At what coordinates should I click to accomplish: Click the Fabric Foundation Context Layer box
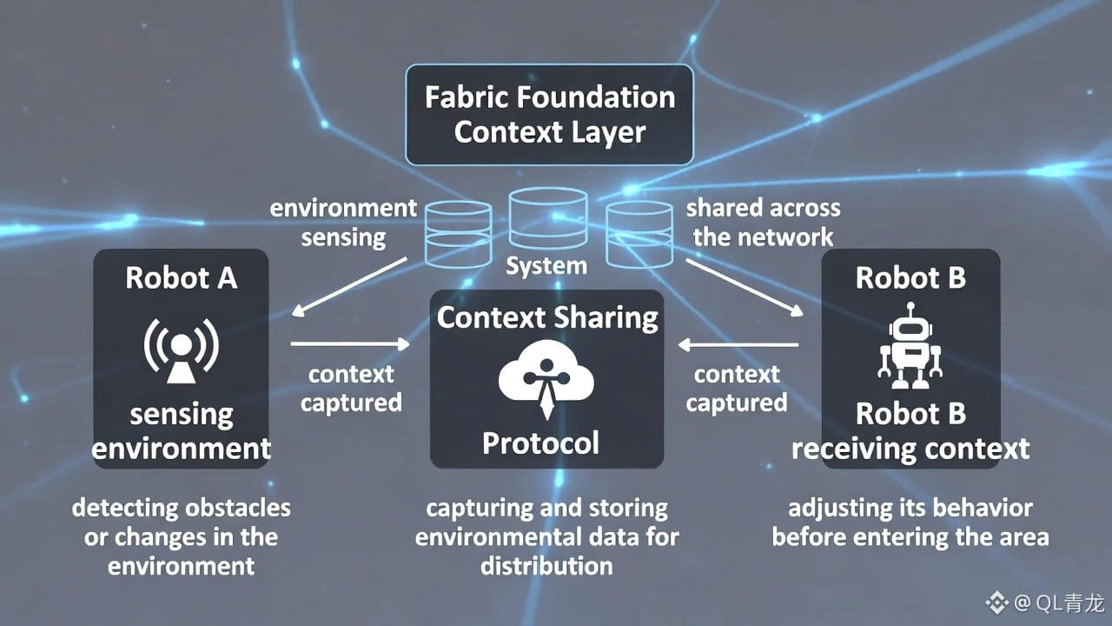549,115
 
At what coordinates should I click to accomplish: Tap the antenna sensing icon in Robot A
181,350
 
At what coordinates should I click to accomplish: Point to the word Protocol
540,443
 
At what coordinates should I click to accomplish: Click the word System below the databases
546,265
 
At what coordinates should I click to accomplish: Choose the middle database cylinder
547,220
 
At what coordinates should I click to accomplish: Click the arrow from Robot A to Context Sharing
349,344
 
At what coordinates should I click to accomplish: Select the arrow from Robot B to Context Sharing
738,345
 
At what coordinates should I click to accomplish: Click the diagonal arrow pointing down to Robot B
744,288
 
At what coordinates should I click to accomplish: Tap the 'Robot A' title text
181,277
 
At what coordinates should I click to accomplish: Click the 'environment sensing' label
343,223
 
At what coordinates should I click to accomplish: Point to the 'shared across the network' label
763,223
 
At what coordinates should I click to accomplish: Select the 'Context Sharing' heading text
547,317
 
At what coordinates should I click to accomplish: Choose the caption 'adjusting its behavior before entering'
910,522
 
